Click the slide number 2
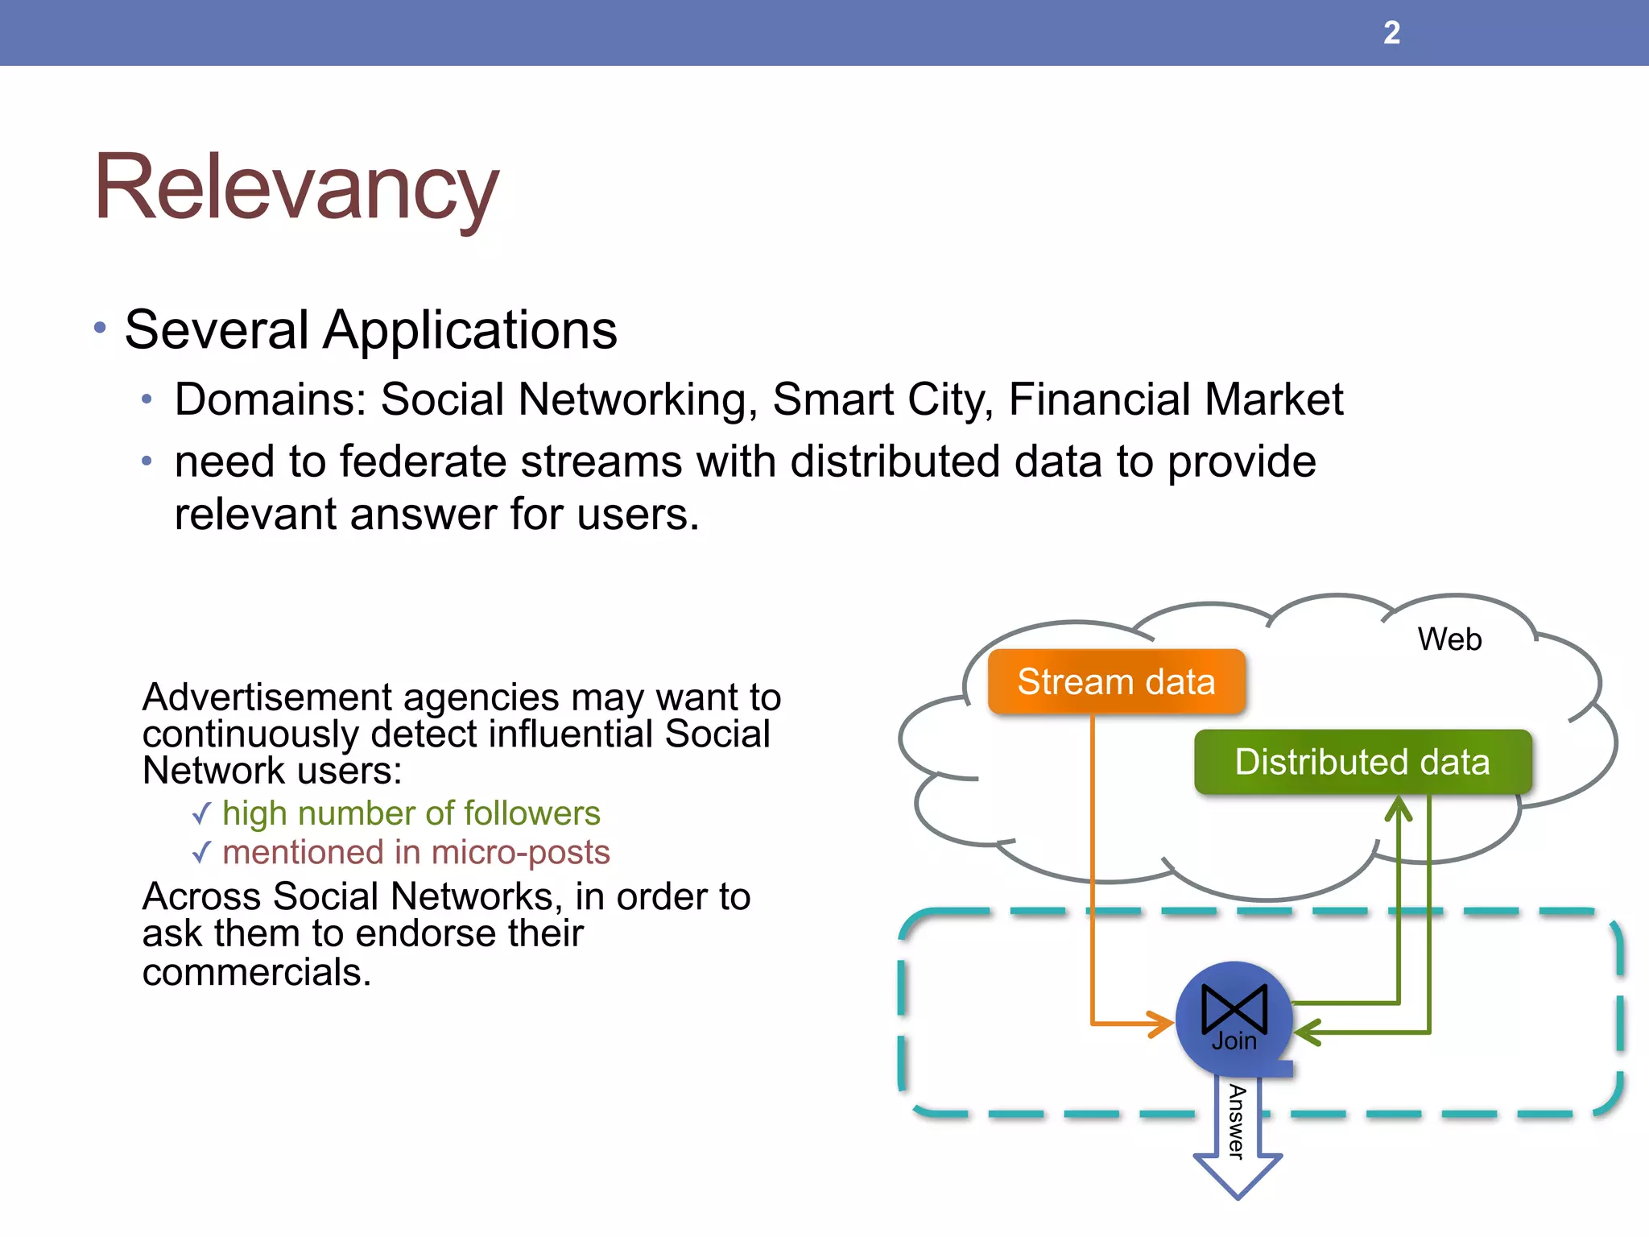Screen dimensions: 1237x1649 [x=1391, y=33]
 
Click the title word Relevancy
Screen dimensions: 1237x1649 [x=296, y=188]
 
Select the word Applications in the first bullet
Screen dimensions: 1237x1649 [x=470, y=330]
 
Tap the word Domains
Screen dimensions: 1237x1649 [x=271, y=399]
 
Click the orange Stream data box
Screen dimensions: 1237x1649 [x=1116, y=681]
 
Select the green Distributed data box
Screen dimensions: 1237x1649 [x=1362, y=762]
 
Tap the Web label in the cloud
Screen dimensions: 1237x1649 [x=1449, y=639]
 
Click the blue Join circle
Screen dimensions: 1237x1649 [x=1234, y=1020]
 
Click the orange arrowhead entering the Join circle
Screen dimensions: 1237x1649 [x=1162, y=1024]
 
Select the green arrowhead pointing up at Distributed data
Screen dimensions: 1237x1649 [x=1399, y=809]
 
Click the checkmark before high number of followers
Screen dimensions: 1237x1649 [x=202, y=813]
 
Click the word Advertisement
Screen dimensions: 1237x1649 [x=270, y=697]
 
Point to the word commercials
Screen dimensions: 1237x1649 [x=256, y=972]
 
